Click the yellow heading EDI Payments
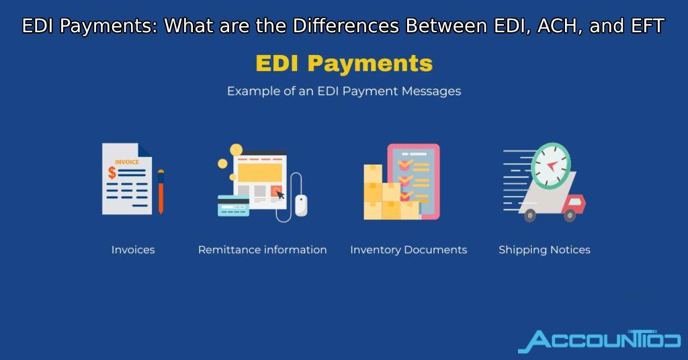pos(344,64)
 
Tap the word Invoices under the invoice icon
pos(133,250)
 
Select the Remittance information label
pos(263,250)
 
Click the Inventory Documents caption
pos(408,250)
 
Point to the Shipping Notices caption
pos(544,250)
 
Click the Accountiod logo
pos(599,341)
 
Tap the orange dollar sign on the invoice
pos(112,173)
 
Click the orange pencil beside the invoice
pos(161,191)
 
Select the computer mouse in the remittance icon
pos(301,206)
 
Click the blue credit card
pos(233,206)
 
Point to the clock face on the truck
pos(551,166)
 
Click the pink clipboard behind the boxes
pos(414,181)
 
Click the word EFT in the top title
pos(648,26)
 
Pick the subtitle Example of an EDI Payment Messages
pos(344,91)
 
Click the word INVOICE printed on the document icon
pos(127,163)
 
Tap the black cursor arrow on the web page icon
pos(279,194)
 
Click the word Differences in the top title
pos(346,26)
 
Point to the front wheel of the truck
pos(570,216)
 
